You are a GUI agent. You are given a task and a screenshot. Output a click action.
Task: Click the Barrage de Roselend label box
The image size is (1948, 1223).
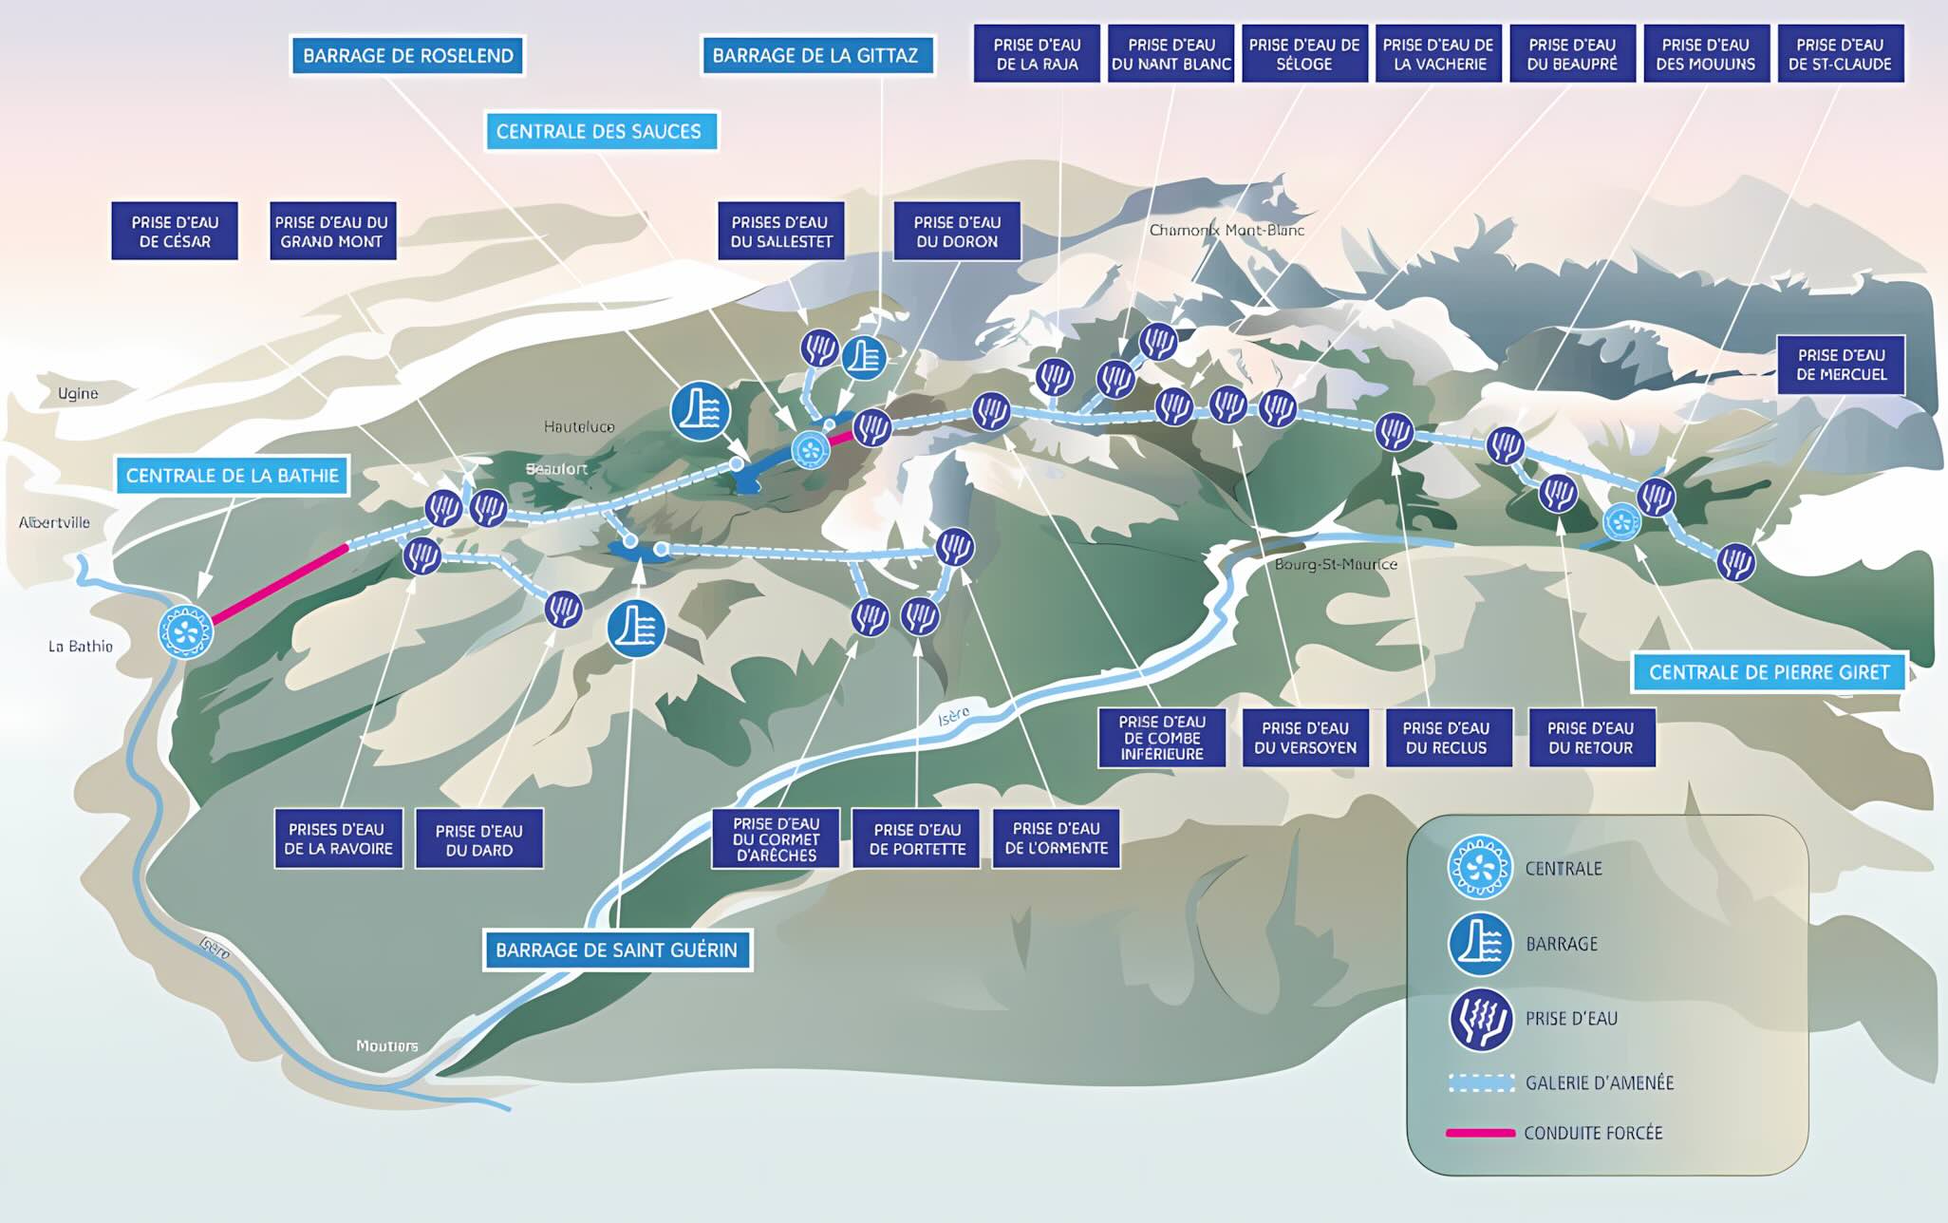click(x=408, y=56)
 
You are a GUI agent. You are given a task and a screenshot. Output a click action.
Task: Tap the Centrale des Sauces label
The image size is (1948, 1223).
click(x=599, y=131)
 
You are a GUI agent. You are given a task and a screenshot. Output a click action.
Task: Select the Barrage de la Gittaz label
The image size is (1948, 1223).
click(x=815, y=56)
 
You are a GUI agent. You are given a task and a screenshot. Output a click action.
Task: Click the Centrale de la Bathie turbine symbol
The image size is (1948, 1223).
click(x=184, y=631)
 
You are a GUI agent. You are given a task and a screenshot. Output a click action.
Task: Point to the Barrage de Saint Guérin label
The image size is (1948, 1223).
click(x=617, y=950)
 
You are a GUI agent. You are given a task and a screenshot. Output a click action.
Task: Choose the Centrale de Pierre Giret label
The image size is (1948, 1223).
click(x=1770, y=672)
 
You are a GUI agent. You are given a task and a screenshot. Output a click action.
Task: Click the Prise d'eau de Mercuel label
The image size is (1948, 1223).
click(x=1842, y=365)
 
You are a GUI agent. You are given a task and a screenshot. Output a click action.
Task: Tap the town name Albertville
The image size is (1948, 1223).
click(x=54, y=522)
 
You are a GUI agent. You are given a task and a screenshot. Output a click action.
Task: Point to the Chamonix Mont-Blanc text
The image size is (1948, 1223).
click(x=1227, y=230)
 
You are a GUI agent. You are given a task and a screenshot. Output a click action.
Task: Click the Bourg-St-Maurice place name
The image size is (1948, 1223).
click(x=1336, y=564)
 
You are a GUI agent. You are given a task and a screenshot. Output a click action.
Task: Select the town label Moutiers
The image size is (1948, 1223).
click(x=386, y=1045)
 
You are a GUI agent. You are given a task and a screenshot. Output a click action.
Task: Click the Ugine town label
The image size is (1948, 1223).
click(x=78, y=393)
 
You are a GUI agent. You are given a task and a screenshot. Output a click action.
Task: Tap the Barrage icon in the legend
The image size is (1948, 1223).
click(x=1480, y=944)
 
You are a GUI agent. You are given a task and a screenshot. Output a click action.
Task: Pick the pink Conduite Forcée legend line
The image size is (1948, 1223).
click(x=1480, y=1133)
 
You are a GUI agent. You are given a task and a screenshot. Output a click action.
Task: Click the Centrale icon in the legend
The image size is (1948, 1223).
click(x=1480, y=867)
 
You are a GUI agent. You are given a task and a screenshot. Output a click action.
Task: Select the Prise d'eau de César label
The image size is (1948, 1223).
click(x=175, y=231)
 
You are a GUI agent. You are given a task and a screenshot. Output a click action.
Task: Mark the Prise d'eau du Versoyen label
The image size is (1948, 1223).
click(x=1305, y=738)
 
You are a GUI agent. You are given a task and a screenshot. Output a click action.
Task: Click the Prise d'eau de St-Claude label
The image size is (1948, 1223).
click(x=1840, y=54)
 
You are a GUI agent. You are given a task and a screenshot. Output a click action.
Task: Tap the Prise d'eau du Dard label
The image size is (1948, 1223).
click(x=479, y=839)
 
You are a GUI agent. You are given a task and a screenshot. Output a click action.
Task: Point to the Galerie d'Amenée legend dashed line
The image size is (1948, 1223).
click(x=1481, y=1083)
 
